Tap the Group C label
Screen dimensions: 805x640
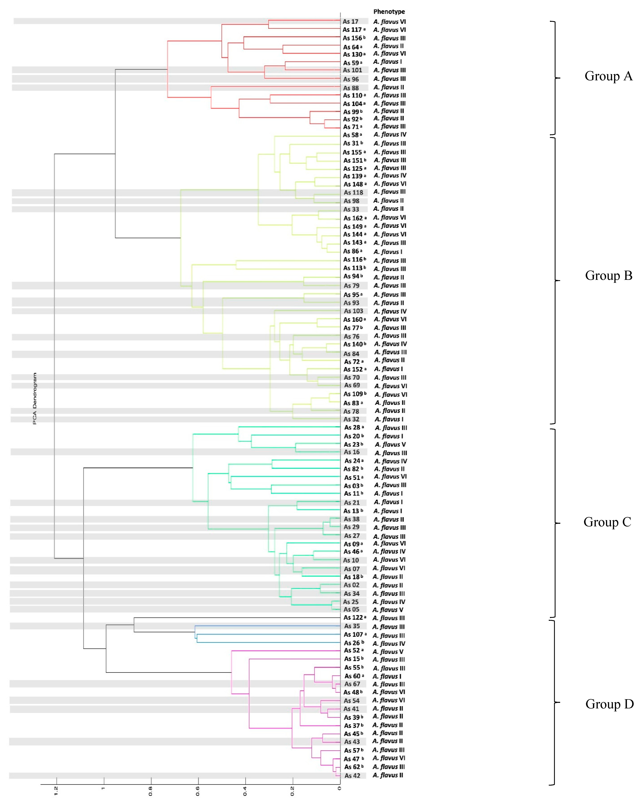[x=607, y=522]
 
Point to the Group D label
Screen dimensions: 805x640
[x=609, y=704]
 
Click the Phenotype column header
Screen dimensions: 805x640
[x=389, y=12]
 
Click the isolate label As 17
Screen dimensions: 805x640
[x=350, y=22]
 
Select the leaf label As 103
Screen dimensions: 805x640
[x=353, y=311]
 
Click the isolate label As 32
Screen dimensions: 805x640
[x=351, y=419]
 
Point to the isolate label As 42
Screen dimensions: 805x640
[x=352, y=775]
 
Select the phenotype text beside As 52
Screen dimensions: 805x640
[x=388, y=651]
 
